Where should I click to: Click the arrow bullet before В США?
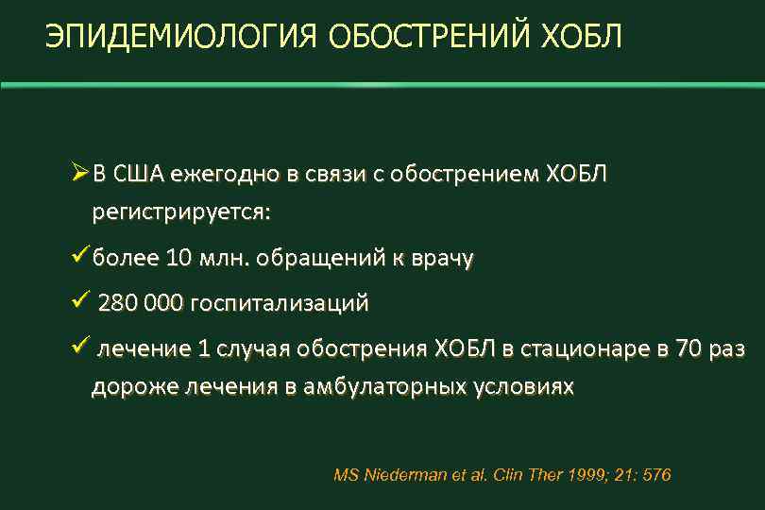pyautogui.click(x=80, y=174)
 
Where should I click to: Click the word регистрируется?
pyautogui.click(x=180, y=212)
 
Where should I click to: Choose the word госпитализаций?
pyautogui.click(x=280, y=304)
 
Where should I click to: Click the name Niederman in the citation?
pyautogui.click(x=403, y=475)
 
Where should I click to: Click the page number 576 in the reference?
pyautogui.click(x=654, y=475)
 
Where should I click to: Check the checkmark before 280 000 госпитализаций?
pyautogui.click(x=79, y=303)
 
